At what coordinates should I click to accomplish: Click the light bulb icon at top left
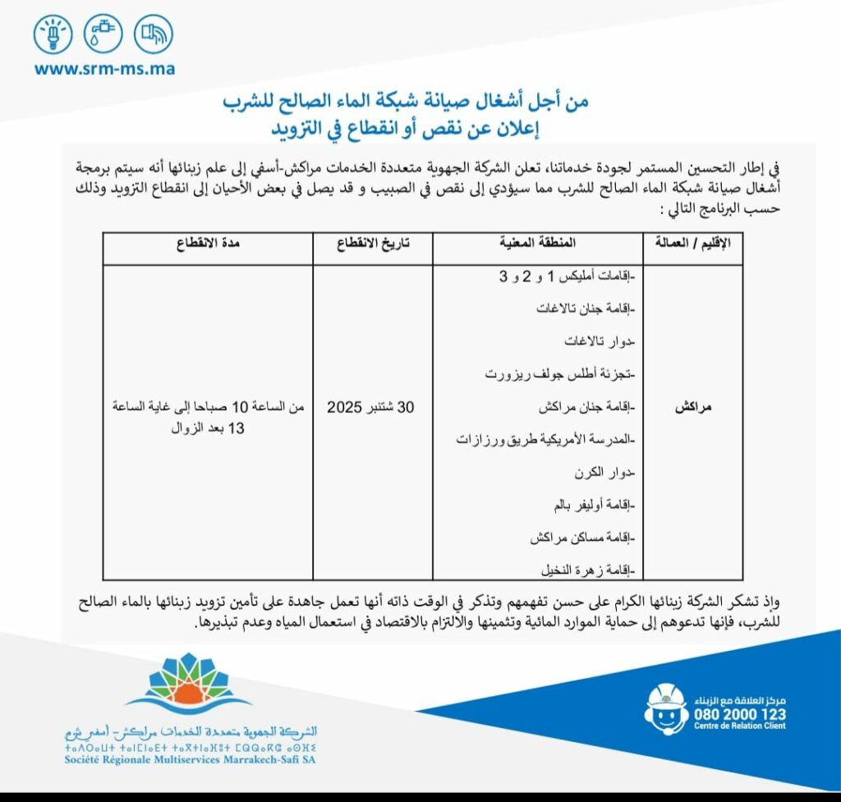click(x=53, y=35)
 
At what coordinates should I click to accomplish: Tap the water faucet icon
click(x=103, y=35)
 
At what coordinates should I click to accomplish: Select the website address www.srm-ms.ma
click(x=104, y=69)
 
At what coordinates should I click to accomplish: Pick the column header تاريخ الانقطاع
click(x=373, y=244)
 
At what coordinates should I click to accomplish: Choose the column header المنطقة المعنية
click(x=538, y=244)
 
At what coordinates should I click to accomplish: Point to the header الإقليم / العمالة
click(x=692, y=244)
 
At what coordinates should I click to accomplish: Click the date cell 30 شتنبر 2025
click(x=373, y=407)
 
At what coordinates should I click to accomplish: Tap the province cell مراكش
click(x=692, y=407)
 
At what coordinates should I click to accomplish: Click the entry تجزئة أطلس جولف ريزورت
click(x=567, y=374)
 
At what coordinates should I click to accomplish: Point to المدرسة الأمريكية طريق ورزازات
click(x=548, y=440)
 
